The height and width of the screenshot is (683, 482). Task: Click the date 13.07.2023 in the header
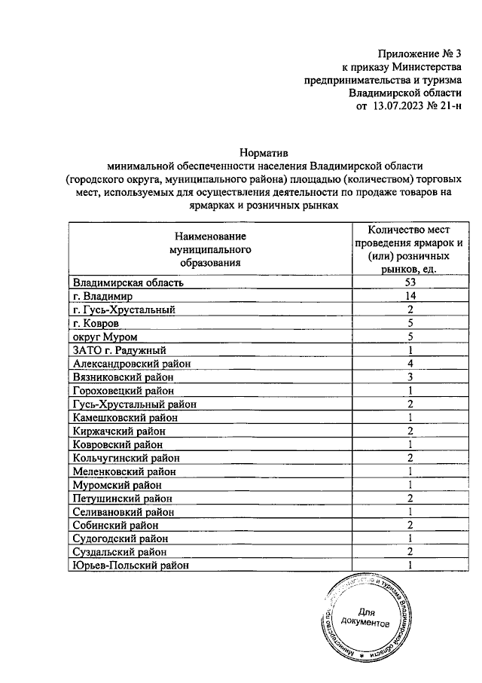coord(399,107)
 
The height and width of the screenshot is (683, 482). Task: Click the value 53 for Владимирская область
coord(410,282)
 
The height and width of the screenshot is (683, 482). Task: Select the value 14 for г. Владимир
coord(410,296)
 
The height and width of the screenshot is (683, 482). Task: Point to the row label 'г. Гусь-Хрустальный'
coord(124,309)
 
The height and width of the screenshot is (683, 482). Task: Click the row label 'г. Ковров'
coord(96,323)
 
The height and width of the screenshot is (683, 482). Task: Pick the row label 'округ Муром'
coord(105,337)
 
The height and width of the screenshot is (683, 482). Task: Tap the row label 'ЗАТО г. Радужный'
coord(119,350)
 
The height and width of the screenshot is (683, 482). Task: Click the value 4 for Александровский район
coord(410,364)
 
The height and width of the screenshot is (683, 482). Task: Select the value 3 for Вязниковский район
coord(410,377)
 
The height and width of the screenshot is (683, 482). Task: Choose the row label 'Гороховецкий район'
coord(124,391)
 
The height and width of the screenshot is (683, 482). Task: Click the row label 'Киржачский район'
coord(119,431)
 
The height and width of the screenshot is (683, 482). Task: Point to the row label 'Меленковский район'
coord(124,471)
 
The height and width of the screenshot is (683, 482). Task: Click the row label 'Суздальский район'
coord(119,552)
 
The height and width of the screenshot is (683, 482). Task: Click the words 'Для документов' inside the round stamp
coord(365,618)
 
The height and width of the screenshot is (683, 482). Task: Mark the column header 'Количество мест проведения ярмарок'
coord(410,242)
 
